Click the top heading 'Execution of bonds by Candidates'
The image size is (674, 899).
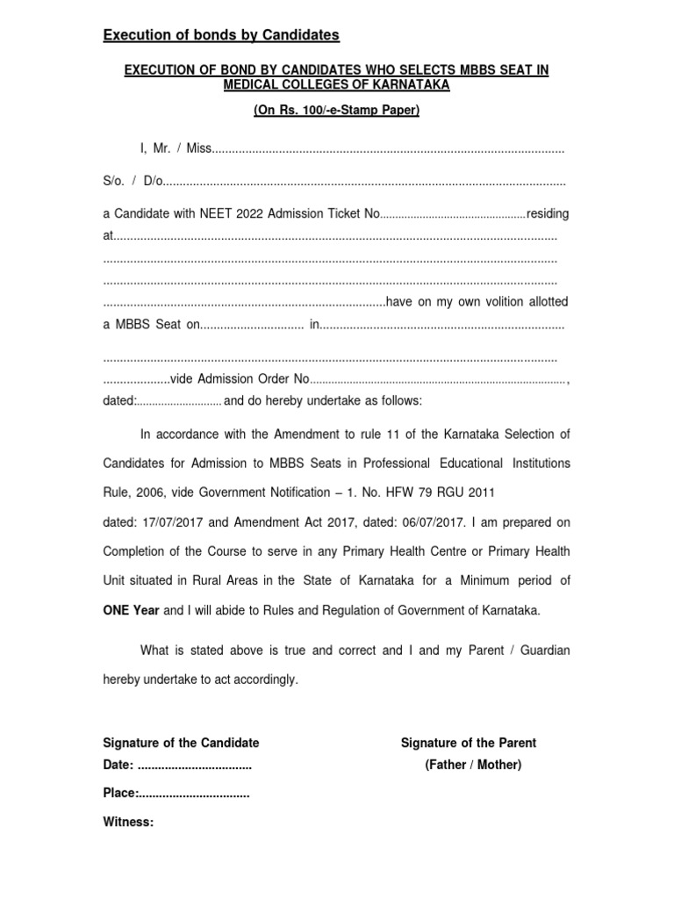pyautogui.click(x=221, y=35)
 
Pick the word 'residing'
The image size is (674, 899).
pyautogui.click(x=548, y=213)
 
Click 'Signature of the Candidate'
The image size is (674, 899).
pyautogui.click(x=182, y=743)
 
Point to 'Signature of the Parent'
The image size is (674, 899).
pyautogui.click(x=469, y=743)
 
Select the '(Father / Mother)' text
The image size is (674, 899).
pyautogui.click(x=473, y=765)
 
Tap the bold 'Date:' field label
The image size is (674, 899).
pyautogui.click(x=119, y=765)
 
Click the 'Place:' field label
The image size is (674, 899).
pyautogui.click(x=120, y=794)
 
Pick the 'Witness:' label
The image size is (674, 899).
pyautogui.click(x=129, y=823)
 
